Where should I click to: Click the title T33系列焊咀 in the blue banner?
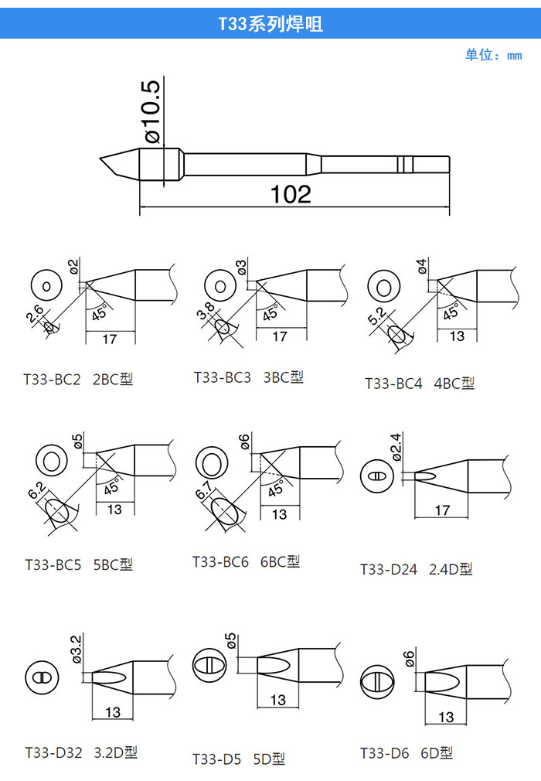pyautogui.click(x=270, y=23)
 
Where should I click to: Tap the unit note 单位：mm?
pyautogui.click(x=493, y=55)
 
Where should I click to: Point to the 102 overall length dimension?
pyautogui.click(x=291, y=194)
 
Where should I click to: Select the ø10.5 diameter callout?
pyautogui.click(x=153, y=111)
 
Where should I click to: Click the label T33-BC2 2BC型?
pyautogui.click(x=78, y=380)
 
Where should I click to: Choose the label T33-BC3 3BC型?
pyautogui.click(x=248, y=377)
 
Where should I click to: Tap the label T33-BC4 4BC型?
pyautogui.click(x=420, y=383)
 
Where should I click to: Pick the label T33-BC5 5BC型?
pyautogui.click(x=79, y=564)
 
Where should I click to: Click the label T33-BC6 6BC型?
pyautogui.click(x=247, y=562)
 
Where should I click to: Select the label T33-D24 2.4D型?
pyautogui.click(x=416, y=569)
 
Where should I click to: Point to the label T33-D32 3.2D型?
pyautogui.click(x=81, y=752)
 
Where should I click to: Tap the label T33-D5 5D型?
pyautogui.click(x=239, y=759)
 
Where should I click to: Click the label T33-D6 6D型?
pyautogui.click(x=407, y=752)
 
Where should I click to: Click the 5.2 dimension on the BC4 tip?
pyautogui.click(x=376, y=315)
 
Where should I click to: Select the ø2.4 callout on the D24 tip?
pyautogui.click(x=396, y=447)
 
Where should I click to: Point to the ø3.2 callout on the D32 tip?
pyautogui.click(x=77, y=649)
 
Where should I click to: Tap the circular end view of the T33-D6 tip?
pyautogui.click(x=376, y=681)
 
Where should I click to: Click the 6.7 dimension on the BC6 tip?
pyautogui.click(x=203, y=490)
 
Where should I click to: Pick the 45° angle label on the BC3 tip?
pyautogui.click(x=270, y=313)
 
